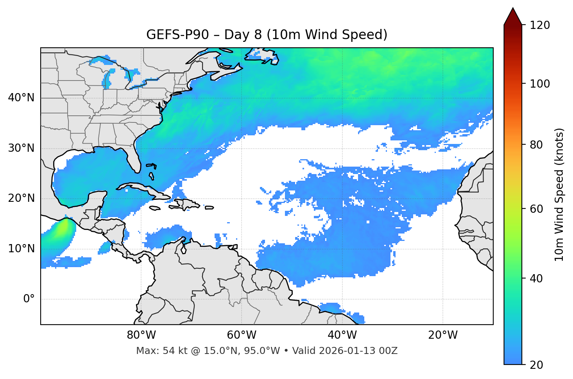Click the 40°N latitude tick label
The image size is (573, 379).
21,98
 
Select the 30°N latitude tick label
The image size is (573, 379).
21,148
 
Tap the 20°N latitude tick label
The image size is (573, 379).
21,198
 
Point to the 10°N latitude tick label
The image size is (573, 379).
21,249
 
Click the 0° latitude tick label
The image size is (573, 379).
29,299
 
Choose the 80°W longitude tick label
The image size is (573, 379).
141,335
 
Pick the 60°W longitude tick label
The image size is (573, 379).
242,335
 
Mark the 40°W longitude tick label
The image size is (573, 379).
342,335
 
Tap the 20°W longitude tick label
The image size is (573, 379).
443,335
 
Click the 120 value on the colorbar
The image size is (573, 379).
539,25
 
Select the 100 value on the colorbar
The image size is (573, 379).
539,84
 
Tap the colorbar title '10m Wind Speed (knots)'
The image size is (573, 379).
559,195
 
